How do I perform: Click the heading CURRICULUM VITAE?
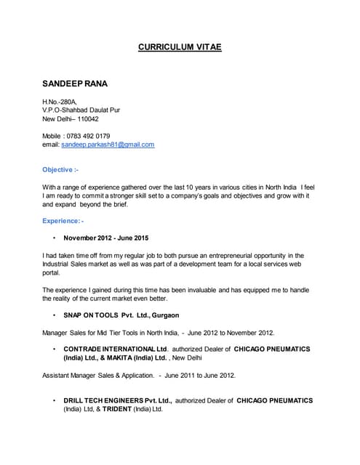coord(180,47)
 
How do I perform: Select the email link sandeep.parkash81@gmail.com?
coord(108,145)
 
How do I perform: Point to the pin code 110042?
coord(86,118)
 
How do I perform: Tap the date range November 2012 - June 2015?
coord(111,238)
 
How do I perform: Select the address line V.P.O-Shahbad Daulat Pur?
coord(81,110)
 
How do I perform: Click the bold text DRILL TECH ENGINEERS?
coord(108,400)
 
